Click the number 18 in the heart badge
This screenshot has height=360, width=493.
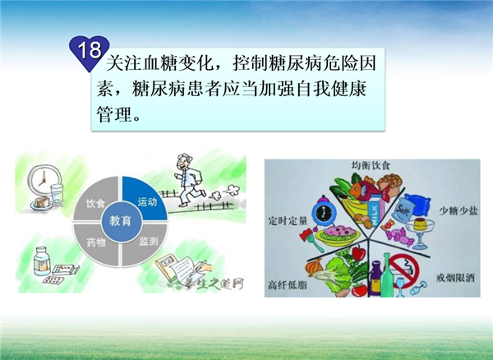pos(90,50)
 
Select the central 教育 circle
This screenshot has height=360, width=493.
pos(121,221)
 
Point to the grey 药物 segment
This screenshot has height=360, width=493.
pos(94,243)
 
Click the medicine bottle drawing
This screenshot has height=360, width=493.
pos(42,261)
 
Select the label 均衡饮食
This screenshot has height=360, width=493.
pos(371,165)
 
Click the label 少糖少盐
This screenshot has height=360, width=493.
pos(458,210)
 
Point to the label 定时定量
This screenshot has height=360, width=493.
pos(288,221)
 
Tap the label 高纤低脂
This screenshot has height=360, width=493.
pos(288,285)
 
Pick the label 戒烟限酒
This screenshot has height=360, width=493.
pos(455,278)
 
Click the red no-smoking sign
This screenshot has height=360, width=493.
pos(405,270)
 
